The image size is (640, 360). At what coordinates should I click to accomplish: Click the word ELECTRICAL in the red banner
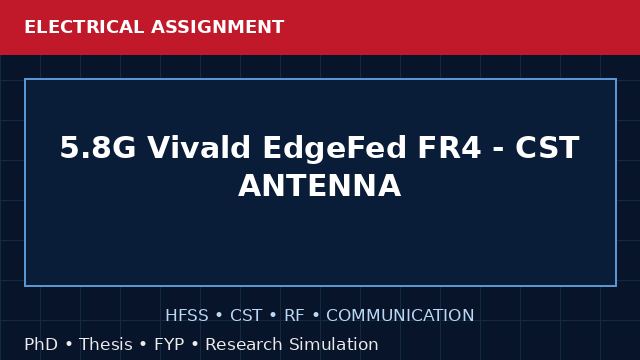(84, 27)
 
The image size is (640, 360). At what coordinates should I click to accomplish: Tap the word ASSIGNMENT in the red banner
(218, 27)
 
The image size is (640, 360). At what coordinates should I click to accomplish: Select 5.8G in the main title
(98, 147)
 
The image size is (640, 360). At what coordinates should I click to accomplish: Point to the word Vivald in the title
(199, 147)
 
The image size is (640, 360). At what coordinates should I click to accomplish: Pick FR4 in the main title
(449, 147)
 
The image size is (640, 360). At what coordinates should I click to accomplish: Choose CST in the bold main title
(547, 147)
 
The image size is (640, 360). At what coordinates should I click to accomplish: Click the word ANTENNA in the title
(320, 185)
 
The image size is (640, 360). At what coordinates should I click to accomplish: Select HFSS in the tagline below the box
(187, 316)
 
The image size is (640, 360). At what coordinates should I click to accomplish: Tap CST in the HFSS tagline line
(246, 316)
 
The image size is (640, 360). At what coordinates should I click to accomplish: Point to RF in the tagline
(294, 316)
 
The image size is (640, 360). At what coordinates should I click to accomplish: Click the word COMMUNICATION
(400, 316)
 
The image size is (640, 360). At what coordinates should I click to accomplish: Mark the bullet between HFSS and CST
(219, 316)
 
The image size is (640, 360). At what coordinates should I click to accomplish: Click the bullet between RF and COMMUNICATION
(316, 316)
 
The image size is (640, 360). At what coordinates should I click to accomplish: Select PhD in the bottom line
(41, 344)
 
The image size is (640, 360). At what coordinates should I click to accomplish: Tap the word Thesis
(106, 344)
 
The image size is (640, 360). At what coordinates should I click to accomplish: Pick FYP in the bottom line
(169, 344)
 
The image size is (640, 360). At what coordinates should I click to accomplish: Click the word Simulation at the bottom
(333, 344)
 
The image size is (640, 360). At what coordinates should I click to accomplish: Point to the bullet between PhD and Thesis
(69, 345)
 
